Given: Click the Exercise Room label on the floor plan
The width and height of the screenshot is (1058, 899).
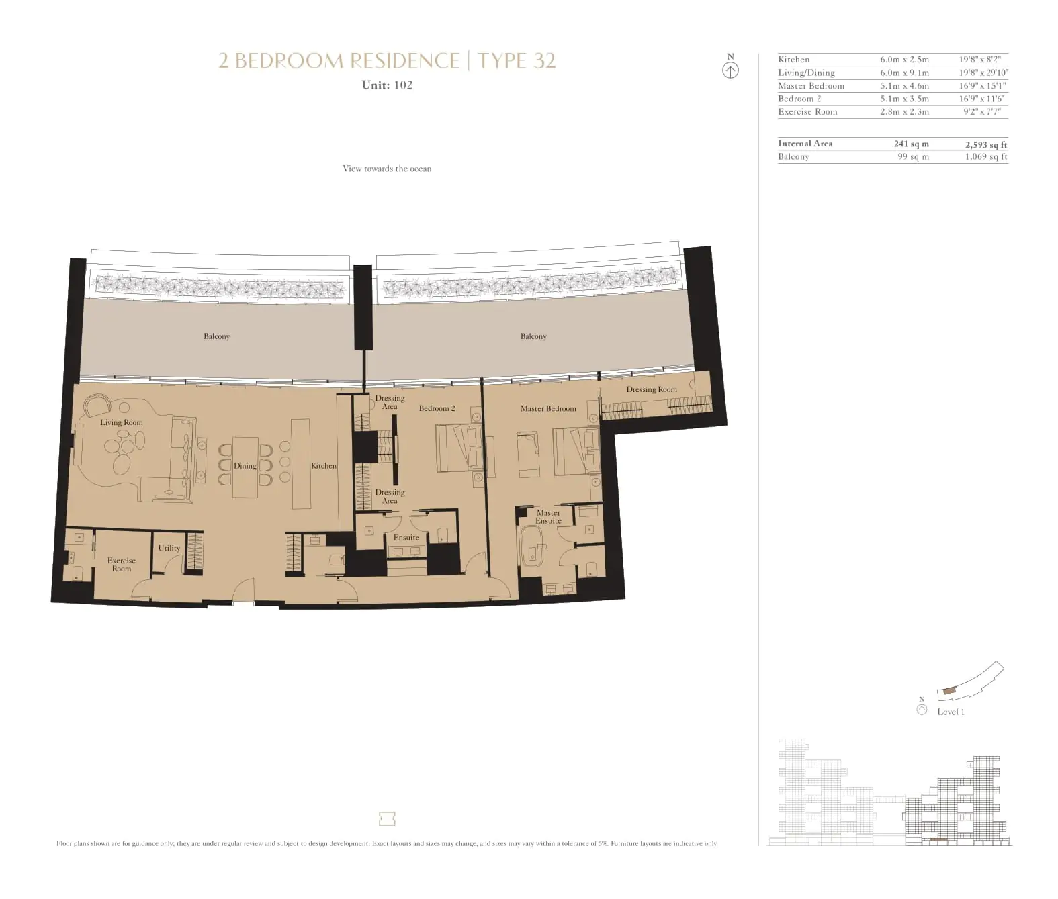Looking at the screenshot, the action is [122, 565].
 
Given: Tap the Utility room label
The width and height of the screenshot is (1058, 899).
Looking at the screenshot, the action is [169, 548].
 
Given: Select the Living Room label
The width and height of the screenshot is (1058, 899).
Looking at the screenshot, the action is [122, 422].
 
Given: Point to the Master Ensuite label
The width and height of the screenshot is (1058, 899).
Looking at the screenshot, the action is [548, 516].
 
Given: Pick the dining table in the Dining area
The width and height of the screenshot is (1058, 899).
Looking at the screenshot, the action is [245, 467].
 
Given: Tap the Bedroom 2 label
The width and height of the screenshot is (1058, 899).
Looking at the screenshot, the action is [437, 408].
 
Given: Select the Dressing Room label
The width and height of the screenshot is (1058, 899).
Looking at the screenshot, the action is [652, 389].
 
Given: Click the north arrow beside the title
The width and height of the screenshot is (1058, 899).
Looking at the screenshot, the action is [730, 70].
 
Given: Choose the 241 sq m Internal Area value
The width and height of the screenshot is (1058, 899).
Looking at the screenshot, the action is [911, 144].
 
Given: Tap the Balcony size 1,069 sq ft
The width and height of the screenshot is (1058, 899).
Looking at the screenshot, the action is [986, 157].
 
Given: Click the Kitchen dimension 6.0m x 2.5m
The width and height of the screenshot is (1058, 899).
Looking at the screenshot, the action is [904, 60].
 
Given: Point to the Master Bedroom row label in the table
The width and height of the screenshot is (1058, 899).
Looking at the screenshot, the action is [811, 86].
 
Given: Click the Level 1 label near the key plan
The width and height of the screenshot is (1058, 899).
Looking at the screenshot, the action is [951, 712].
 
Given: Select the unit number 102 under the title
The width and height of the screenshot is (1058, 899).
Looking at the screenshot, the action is [403, 85].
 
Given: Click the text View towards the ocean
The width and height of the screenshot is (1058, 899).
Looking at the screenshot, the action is [387, 169].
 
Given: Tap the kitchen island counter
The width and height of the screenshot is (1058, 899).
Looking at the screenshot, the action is [301, 464].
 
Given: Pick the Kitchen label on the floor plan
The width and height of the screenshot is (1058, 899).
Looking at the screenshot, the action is [324, 466].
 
